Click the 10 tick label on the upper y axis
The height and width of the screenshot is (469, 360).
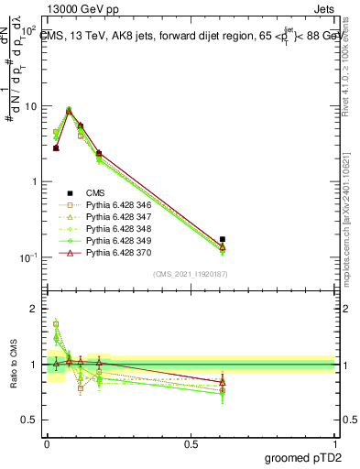tap(30, 106)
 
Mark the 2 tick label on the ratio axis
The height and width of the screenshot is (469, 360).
tap(35, 309)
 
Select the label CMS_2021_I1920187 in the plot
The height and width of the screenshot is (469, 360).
tap(190, 274)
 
